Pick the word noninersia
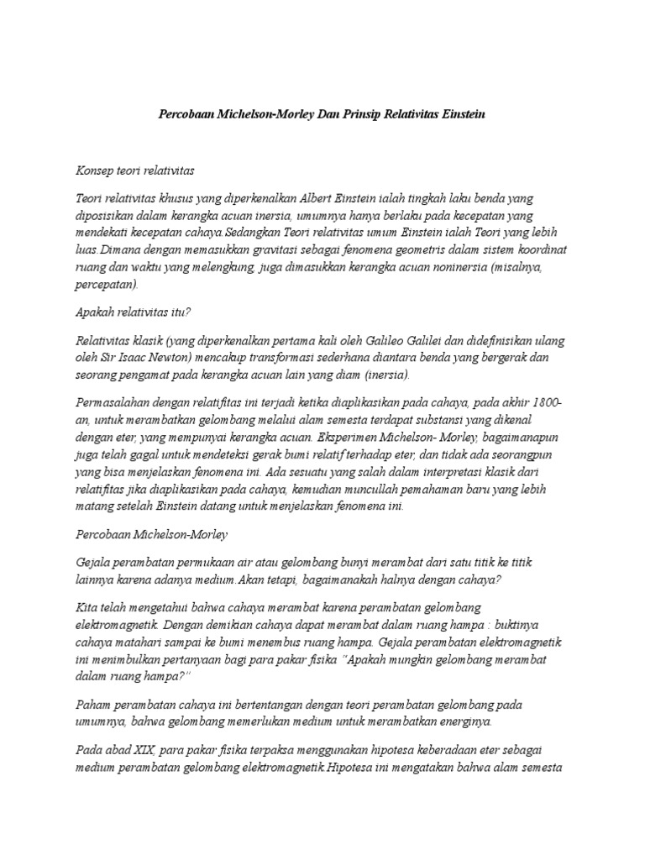[x=467, y=268]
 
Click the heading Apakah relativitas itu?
[x=134, y=312]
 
